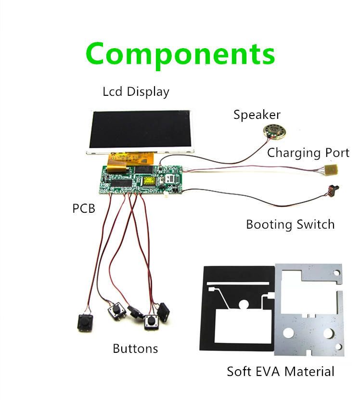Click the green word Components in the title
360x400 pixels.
click(180, 54)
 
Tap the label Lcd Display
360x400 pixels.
click(136, 91)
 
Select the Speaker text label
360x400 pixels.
click(257, 115)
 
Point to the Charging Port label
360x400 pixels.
click(308, 153)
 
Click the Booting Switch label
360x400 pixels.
click(290, 224)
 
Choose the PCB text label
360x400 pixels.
click(84, 209)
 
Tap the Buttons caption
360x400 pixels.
click(135, 348)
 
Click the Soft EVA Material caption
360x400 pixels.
click(281, 372)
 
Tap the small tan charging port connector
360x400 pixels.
click(331, 169)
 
